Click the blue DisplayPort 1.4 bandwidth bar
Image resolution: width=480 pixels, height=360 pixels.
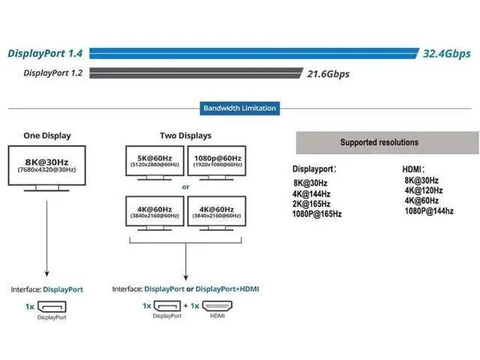pos(254,53)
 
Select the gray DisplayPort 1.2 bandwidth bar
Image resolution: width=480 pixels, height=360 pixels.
pos(196,73)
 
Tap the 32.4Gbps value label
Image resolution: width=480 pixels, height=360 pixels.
pos(447,54)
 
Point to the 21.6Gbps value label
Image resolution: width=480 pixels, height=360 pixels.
pos(328,74)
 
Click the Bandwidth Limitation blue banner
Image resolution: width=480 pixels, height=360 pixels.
pos(240,108)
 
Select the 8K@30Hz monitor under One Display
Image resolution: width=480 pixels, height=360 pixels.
pos(46,168)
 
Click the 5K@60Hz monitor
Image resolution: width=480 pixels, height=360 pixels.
pos(154,163)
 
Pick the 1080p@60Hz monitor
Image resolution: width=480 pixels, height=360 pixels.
pos(217,163)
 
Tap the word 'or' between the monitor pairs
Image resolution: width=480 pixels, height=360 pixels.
pos(185,187)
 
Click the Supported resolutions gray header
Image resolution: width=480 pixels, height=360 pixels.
pos(387,142)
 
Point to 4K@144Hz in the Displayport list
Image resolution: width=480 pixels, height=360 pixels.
pos(311,193)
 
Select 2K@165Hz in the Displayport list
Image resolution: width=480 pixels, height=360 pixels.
pos(311,204)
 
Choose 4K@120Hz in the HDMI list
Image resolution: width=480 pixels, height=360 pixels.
pos(424,190)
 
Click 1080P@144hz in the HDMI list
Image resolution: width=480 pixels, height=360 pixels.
pos(429,211)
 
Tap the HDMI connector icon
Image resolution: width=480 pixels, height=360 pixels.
pos(217,305)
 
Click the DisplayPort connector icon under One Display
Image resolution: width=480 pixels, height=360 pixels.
pos(52,307)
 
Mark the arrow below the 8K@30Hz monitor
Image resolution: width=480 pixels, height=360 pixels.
pos(46,238)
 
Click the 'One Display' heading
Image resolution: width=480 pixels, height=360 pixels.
pos(47,136)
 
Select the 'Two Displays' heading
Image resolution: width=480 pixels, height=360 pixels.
pos(185,136)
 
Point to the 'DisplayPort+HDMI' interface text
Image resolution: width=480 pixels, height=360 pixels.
pos(227,289)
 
